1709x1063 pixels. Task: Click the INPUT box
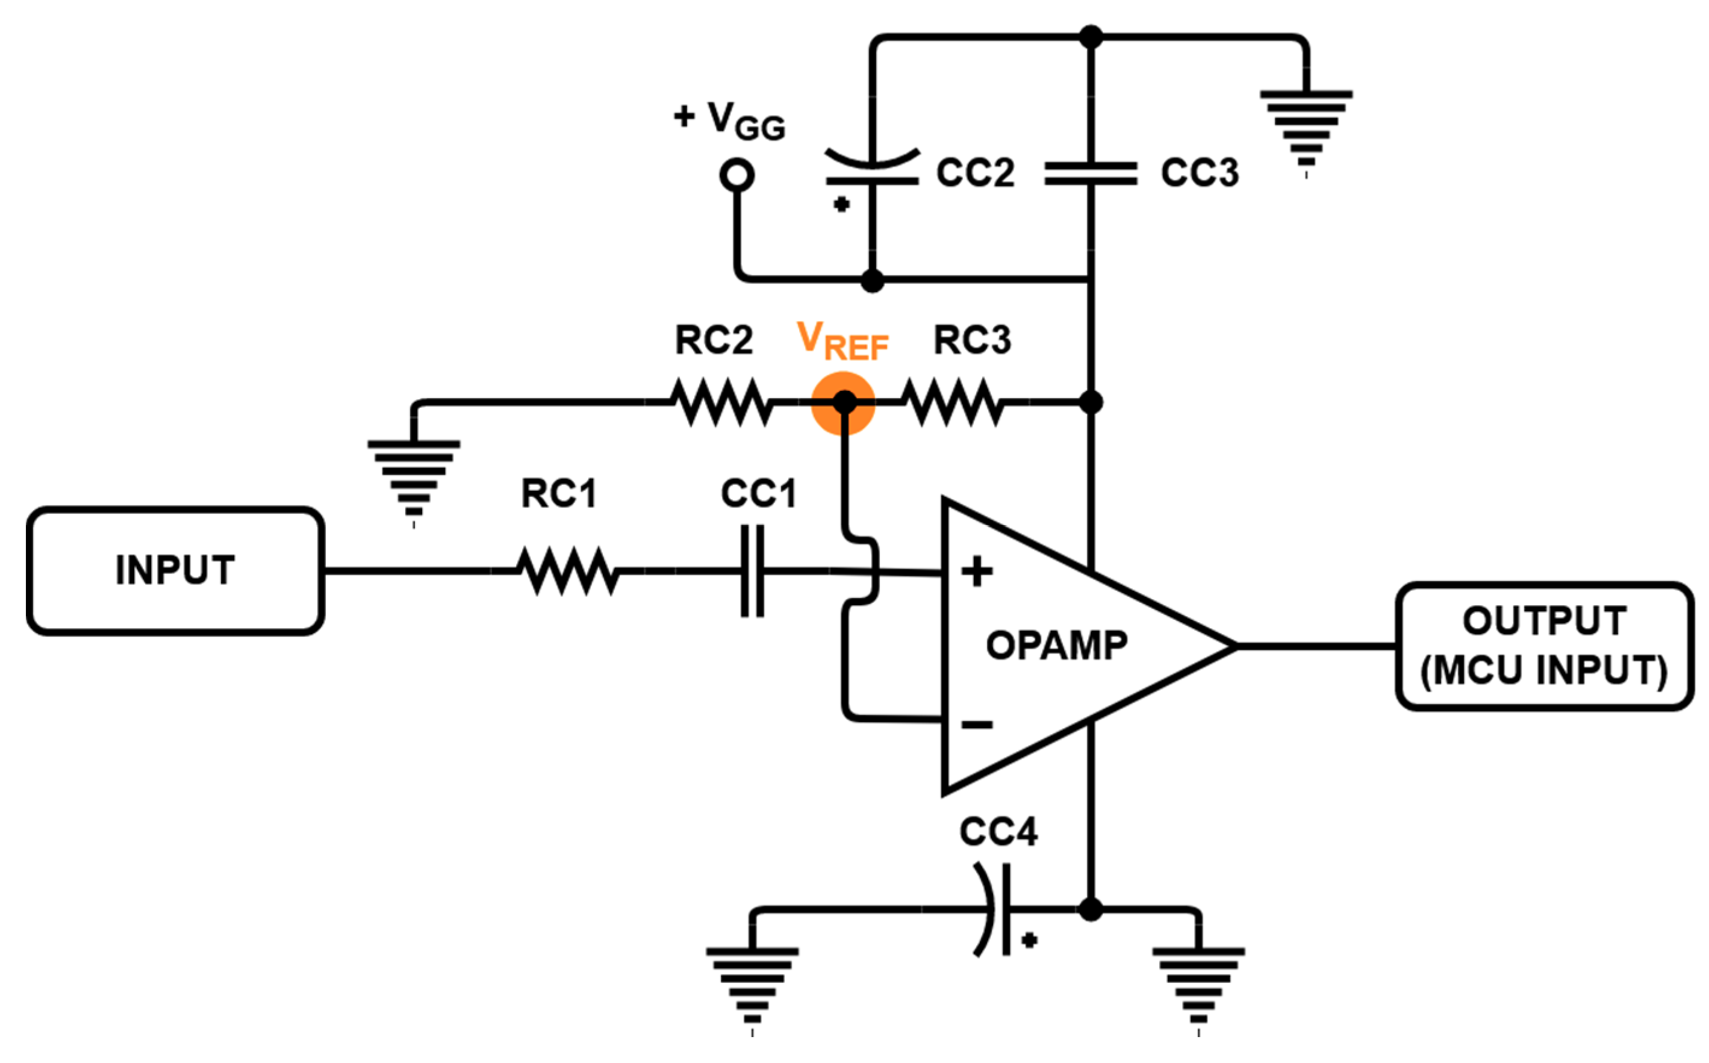point(176,570)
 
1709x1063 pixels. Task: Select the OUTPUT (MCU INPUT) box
point(1544,646)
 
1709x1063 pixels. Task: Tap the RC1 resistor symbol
point(567,570)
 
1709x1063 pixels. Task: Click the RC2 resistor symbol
point(721,402)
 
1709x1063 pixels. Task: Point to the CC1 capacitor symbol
point(752,570)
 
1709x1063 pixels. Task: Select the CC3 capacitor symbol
point(1091,173)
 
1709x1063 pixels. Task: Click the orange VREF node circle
point(843,403)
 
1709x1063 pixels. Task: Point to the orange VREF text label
point(842,341)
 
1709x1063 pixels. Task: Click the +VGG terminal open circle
point(736,175)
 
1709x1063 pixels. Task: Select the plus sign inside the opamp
point(977,571)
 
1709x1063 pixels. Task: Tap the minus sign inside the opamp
point(977,724)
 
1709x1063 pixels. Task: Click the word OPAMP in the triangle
point(1056,646)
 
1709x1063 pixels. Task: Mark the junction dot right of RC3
point(1091,402)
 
